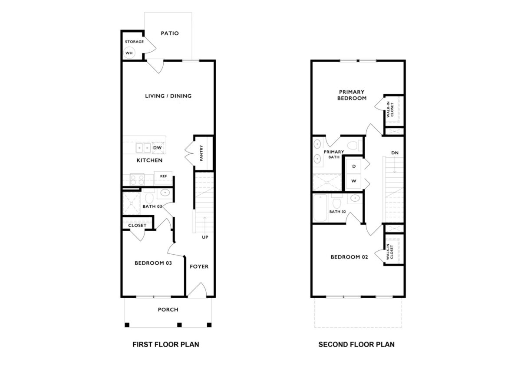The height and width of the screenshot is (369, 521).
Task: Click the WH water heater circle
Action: (129, 53)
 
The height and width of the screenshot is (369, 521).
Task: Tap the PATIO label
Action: (170, 33)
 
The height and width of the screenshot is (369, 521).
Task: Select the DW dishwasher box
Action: (158, 148)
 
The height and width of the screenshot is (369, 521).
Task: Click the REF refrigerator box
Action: (164, 176)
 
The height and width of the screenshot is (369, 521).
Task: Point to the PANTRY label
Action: (201, 153)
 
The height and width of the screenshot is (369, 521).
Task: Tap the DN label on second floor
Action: (395, 153)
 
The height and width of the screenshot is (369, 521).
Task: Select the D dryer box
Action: (354, 166)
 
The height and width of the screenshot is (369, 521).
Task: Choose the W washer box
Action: (354, 181)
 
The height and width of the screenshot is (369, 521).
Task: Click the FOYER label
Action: (199, 266)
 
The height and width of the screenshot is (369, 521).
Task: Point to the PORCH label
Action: (168, 310)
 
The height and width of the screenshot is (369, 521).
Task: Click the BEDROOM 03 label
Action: (153, 263)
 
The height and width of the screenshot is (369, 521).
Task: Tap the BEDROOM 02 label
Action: (349, 257)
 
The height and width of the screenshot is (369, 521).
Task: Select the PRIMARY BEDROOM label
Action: (352, 95)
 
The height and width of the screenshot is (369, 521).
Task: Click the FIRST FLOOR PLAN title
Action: (165, 345)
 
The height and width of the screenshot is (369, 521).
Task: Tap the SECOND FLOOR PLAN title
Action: (356, 345)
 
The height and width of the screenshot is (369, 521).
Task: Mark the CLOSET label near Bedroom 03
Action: (137, 226)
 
